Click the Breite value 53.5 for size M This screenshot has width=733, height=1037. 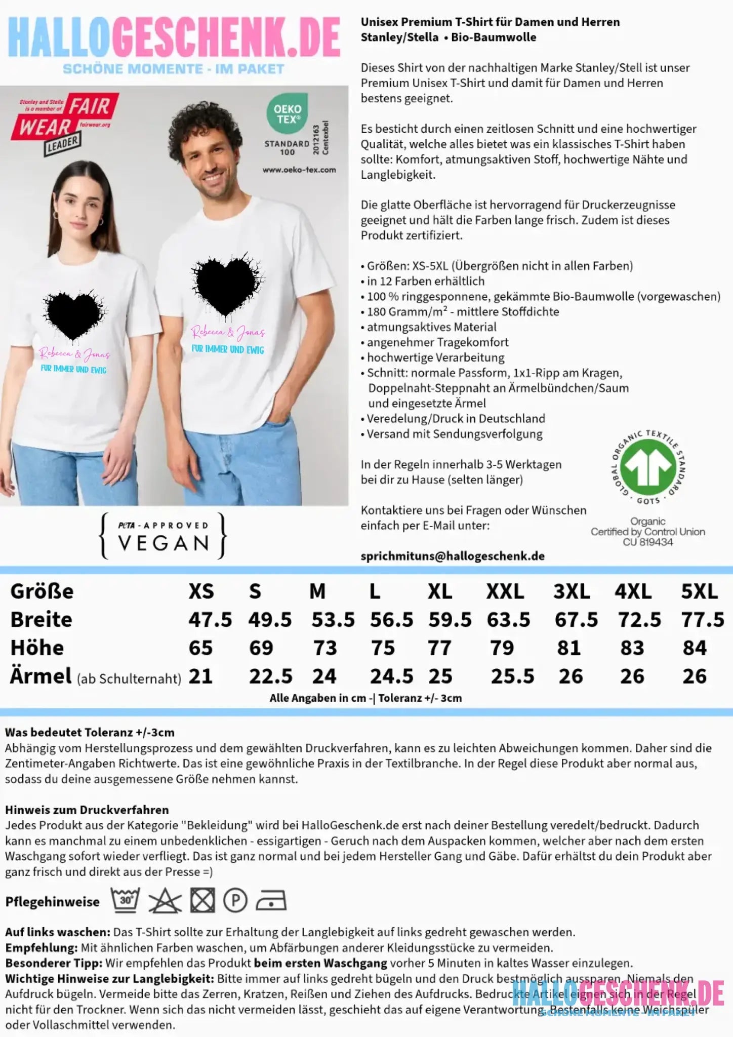333,620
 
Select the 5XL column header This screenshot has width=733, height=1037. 699,591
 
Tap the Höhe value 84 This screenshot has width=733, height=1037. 694,648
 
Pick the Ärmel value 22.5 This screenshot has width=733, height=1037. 270,676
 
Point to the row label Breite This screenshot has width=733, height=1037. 42,620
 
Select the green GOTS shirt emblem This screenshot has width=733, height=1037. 648,465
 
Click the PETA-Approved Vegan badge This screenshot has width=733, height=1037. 163,536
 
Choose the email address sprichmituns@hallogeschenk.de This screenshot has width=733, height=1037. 453,556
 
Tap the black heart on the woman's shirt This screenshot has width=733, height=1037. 74,314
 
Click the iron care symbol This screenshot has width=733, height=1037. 271,901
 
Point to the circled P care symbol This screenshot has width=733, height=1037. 235,901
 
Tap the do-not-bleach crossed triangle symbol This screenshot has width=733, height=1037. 165,901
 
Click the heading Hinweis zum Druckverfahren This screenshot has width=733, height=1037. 87,810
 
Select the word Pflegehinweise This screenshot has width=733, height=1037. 52,902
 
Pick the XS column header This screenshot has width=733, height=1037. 201,591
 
